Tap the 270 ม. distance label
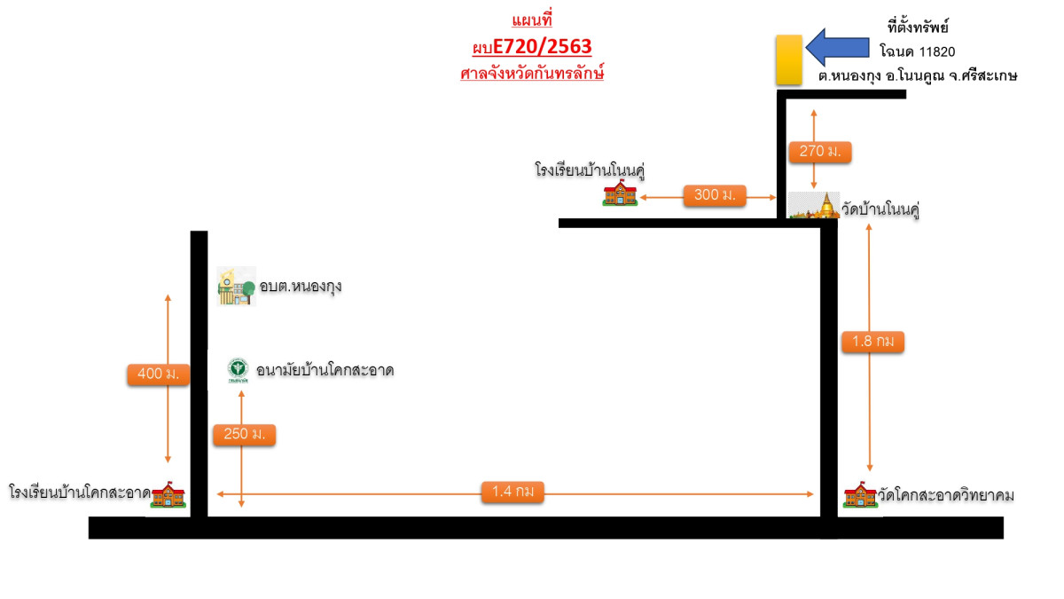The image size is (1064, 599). [819, 152]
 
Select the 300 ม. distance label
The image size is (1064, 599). [715, 195]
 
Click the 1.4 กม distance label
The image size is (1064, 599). [512, 492]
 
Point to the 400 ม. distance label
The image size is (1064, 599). [158, 374]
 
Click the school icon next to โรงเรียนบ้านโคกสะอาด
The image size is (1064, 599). [168, 496]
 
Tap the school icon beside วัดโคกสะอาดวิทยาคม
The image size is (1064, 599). [859, 496]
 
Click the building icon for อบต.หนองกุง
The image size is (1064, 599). [237, 287]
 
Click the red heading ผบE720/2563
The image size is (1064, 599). [532, 46]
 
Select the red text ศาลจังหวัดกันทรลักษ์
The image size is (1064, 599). [532, 74]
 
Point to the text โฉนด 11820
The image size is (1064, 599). [917, 52]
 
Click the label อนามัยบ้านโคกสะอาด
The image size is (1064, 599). [325, 370]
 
